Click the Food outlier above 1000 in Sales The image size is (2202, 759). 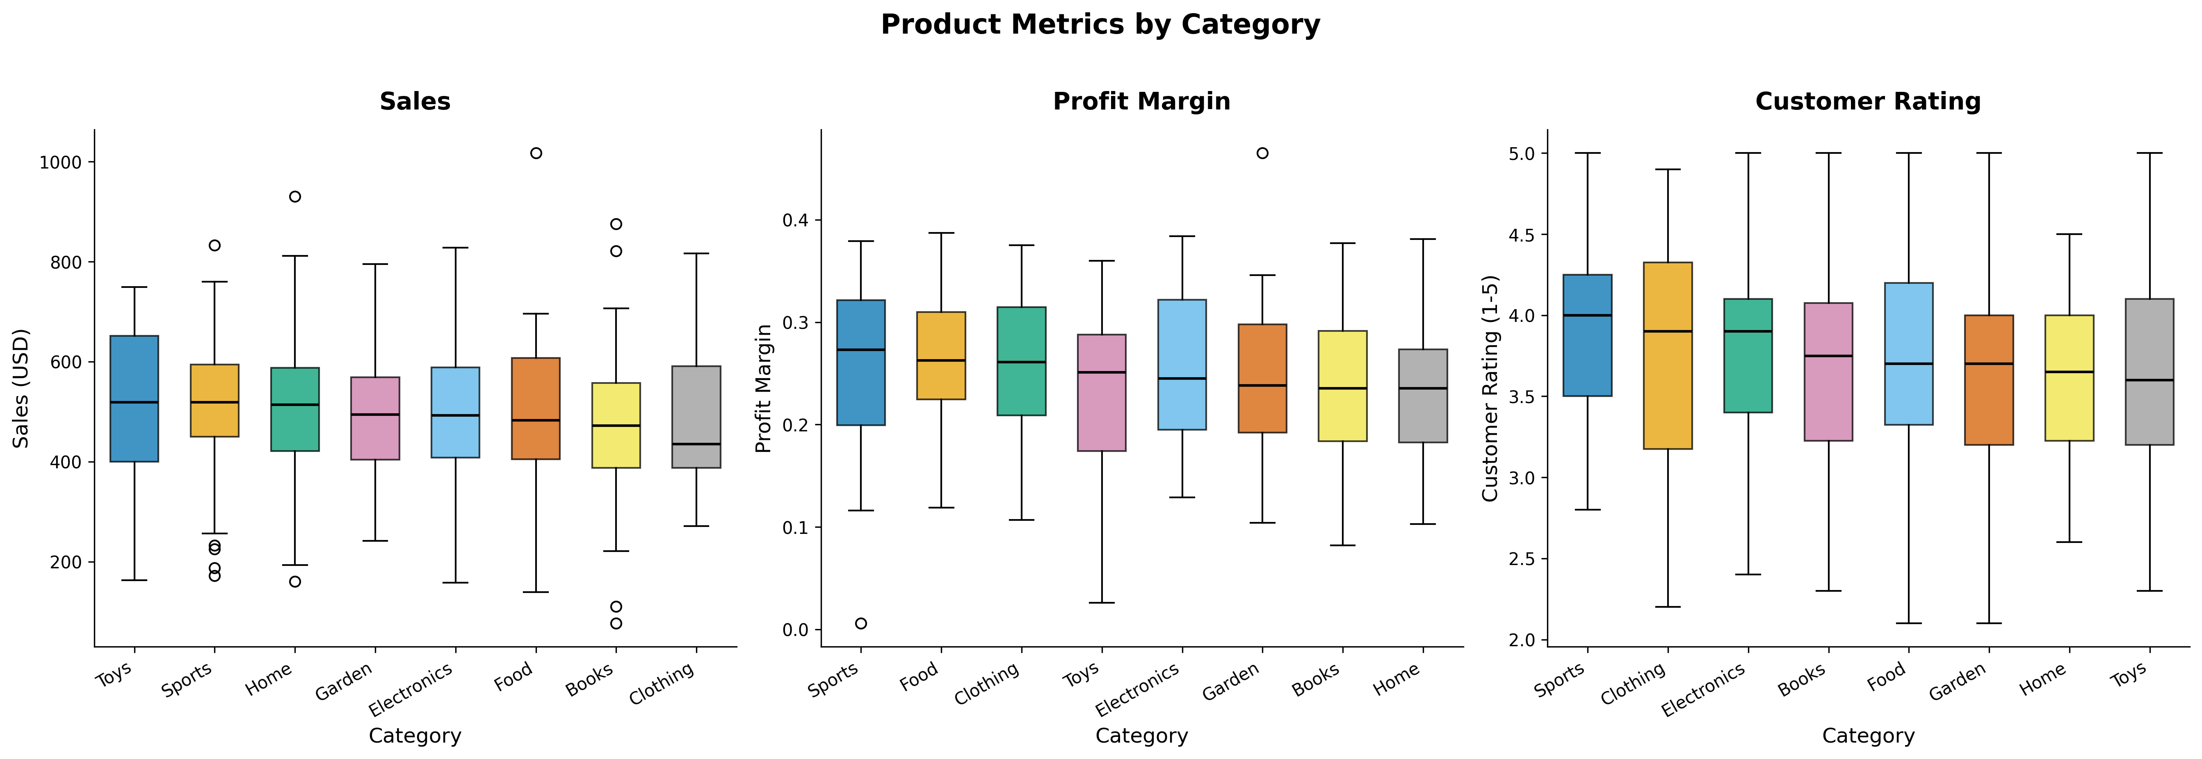[x=536, y=153]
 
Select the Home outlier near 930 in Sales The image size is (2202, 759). [x=295, y=196]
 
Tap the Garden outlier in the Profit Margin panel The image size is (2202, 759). [x=1262, y=153]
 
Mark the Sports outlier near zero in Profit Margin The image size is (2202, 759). [x=861, y=623]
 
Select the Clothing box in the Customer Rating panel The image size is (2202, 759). [x=1668, y=356]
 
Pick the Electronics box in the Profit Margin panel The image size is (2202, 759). [x=1182, y=364]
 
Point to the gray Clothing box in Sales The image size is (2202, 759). [x=697, y=417]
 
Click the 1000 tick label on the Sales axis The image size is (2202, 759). [x=61, y=162]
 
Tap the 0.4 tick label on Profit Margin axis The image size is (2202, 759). [x=796, y=221]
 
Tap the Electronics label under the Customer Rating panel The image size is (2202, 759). [x=1704, y=689]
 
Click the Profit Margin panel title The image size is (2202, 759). [x=1142, y=102]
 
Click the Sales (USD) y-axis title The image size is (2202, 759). [x=21, y=388]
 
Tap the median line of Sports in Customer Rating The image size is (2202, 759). [x=1587, y=315]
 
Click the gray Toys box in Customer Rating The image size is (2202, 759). [x=2150, y=372]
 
